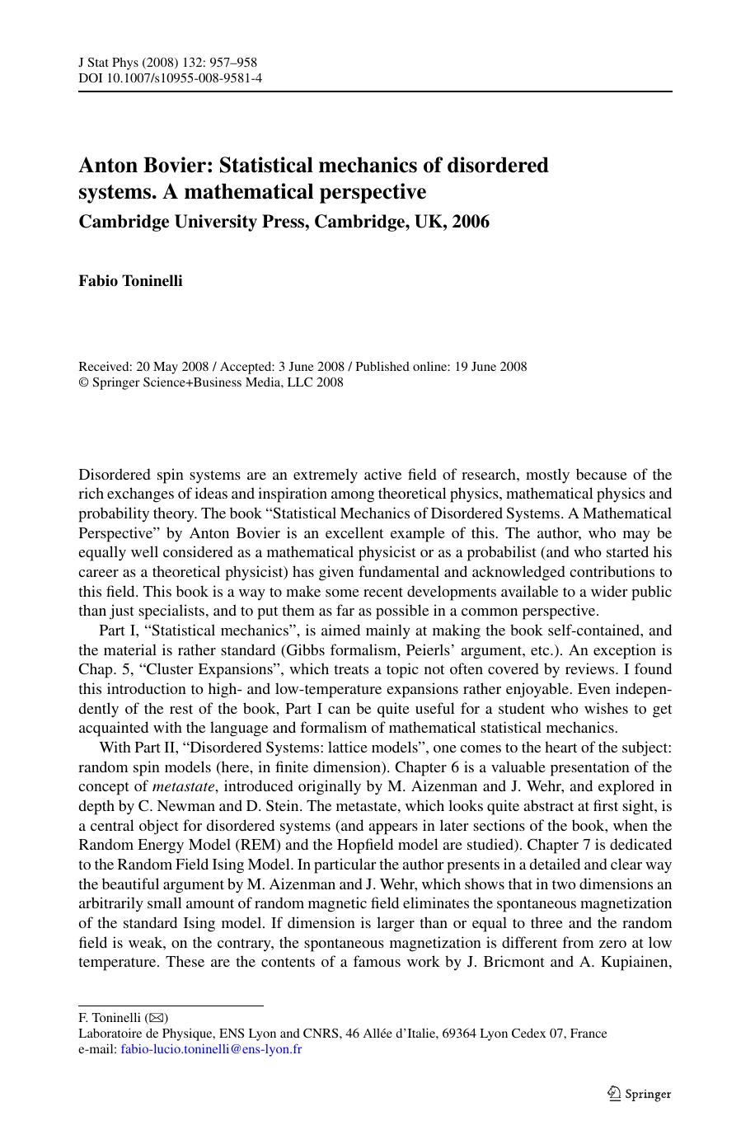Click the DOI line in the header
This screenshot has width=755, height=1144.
click(x=170, y=78)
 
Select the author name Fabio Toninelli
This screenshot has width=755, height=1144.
click(x=130, y=281)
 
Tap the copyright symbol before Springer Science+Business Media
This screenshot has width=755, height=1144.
click(x=83, y=382)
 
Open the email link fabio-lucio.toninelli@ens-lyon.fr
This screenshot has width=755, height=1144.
click(x=211, y=1049)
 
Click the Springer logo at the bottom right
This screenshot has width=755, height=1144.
click(x=639, y=1094)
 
